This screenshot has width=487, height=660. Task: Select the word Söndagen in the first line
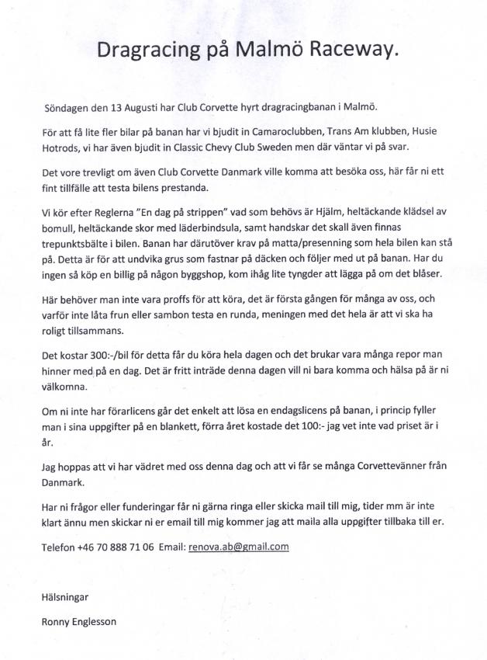[67, 106]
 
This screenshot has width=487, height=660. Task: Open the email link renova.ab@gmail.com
[239, 547]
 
